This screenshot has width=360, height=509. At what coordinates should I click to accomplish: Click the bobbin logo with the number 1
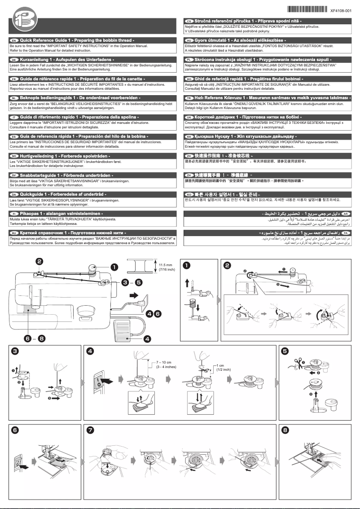point(21,21)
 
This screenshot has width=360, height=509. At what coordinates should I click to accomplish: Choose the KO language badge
point(189,194)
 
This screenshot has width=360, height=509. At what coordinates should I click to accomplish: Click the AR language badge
point(346,214)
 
